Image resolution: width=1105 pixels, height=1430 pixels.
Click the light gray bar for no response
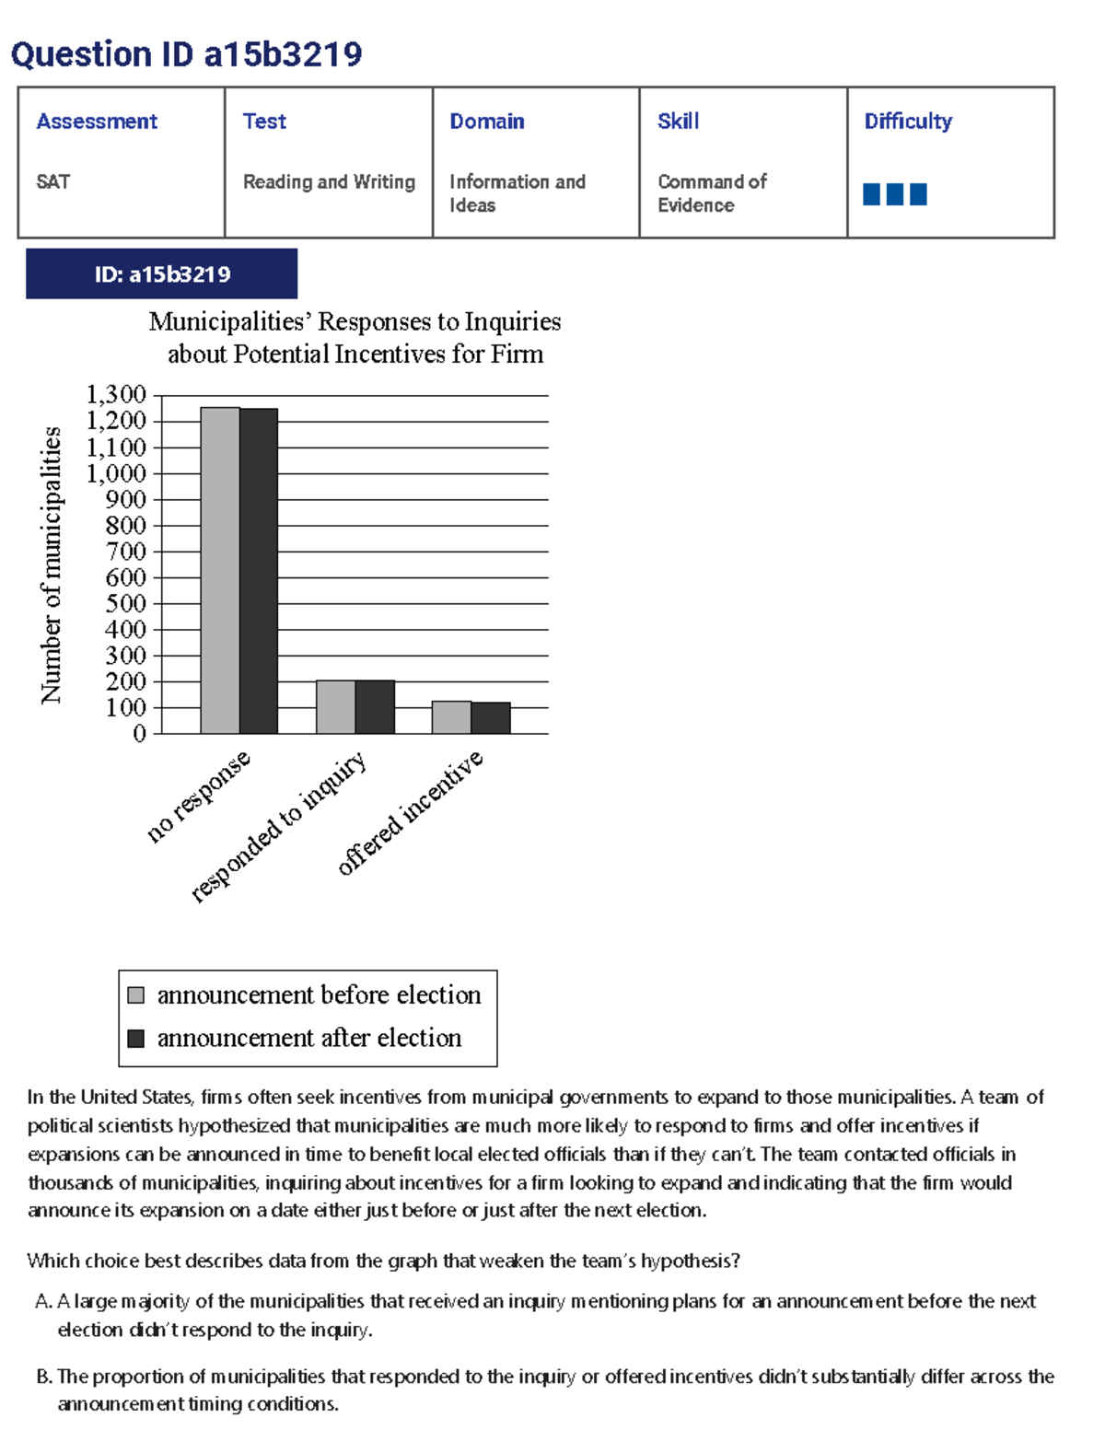click(x=220, y=571)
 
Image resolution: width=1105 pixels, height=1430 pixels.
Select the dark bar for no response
click(x=259, y=571)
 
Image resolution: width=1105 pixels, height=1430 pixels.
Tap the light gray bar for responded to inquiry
click(x=335, y=707)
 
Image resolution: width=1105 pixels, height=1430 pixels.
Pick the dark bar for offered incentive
click(x=491, y=718)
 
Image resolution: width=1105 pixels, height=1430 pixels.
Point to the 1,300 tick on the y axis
click(x=116, y=395)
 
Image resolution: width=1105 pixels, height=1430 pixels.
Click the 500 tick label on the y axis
click(x=125, y=604)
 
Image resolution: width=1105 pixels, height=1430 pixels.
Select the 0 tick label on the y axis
click(x=140, y=734)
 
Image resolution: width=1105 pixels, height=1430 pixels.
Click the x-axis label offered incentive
click(x=410, y=812)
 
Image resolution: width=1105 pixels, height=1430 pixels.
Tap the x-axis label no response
click(x=198, y=796)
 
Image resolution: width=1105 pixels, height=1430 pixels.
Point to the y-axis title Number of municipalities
click(x=52, y=564)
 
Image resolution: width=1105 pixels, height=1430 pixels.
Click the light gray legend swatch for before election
click(x=136, y=995)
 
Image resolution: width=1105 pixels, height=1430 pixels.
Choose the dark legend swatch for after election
click(x=136, y=1039)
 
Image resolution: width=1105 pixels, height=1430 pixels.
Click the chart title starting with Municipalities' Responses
click(x=355, y=337)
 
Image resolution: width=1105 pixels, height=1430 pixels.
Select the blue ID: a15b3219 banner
click(x=161, y=274)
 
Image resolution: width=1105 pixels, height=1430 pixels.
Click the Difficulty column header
click(x=907, y=122)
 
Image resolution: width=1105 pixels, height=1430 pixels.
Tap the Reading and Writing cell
click(x=329, y=182)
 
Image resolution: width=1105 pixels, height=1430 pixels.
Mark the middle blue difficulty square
click(x=894, y=194)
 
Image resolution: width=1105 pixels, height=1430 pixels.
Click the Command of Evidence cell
click(x=711, y=193)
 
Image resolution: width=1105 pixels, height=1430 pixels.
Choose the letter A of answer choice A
click(x=42, y=1301)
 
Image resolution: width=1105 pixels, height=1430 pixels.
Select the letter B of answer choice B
click(x=42, y=1377)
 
